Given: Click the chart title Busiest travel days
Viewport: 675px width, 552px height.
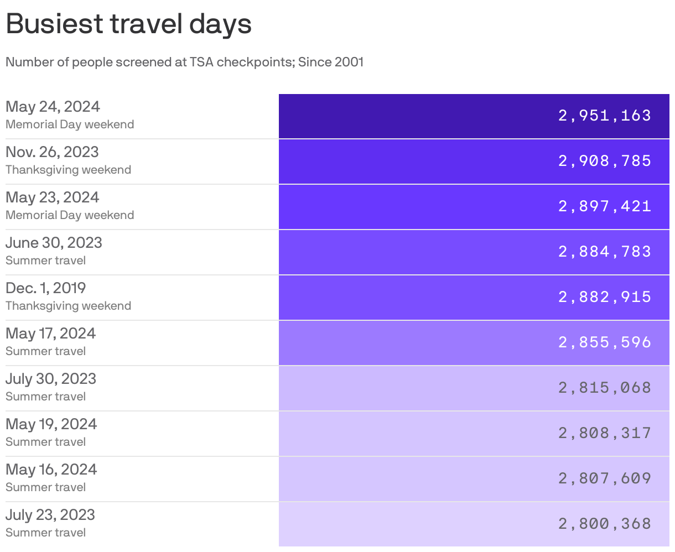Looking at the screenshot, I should click(128, 24).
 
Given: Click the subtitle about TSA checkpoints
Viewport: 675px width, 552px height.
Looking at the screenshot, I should click(184, 62).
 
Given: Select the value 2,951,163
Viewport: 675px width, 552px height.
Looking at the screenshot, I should click(604, 116).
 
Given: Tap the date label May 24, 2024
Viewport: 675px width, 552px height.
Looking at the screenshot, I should click(53, 106).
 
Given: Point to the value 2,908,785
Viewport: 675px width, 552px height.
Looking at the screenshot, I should click(604, 161).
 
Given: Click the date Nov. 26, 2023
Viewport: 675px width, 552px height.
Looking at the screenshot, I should click(52, 152).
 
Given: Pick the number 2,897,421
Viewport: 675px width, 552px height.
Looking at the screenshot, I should click(604, 206).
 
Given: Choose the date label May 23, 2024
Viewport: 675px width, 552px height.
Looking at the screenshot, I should click(53, 197).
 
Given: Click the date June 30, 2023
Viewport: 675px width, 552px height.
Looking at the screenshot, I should click(54, 242).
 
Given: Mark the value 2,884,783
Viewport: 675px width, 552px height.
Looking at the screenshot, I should click(604, 252).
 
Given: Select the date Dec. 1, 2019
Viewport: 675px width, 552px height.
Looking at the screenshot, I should click(45, 288).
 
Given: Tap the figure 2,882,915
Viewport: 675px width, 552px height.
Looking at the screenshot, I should click(604, 297).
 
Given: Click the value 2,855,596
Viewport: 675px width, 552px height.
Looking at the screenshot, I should click(604, 342).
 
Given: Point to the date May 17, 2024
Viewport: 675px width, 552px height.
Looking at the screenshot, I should click(50, 333).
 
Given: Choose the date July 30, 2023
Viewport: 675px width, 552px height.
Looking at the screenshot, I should click(51, 378).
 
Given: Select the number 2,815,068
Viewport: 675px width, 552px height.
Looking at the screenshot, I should click(604, 388).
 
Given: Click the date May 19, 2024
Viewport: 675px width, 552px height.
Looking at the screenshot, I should click(51, 424).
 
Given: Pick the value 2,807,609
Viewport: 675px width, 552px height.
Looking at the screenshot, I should click(604, 478).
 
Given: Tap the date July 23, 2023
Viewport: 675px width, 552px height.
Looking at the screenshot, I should click(50, 514).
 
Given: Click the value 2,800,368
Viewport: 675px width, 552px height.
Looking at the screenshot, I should click(604, 524).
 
